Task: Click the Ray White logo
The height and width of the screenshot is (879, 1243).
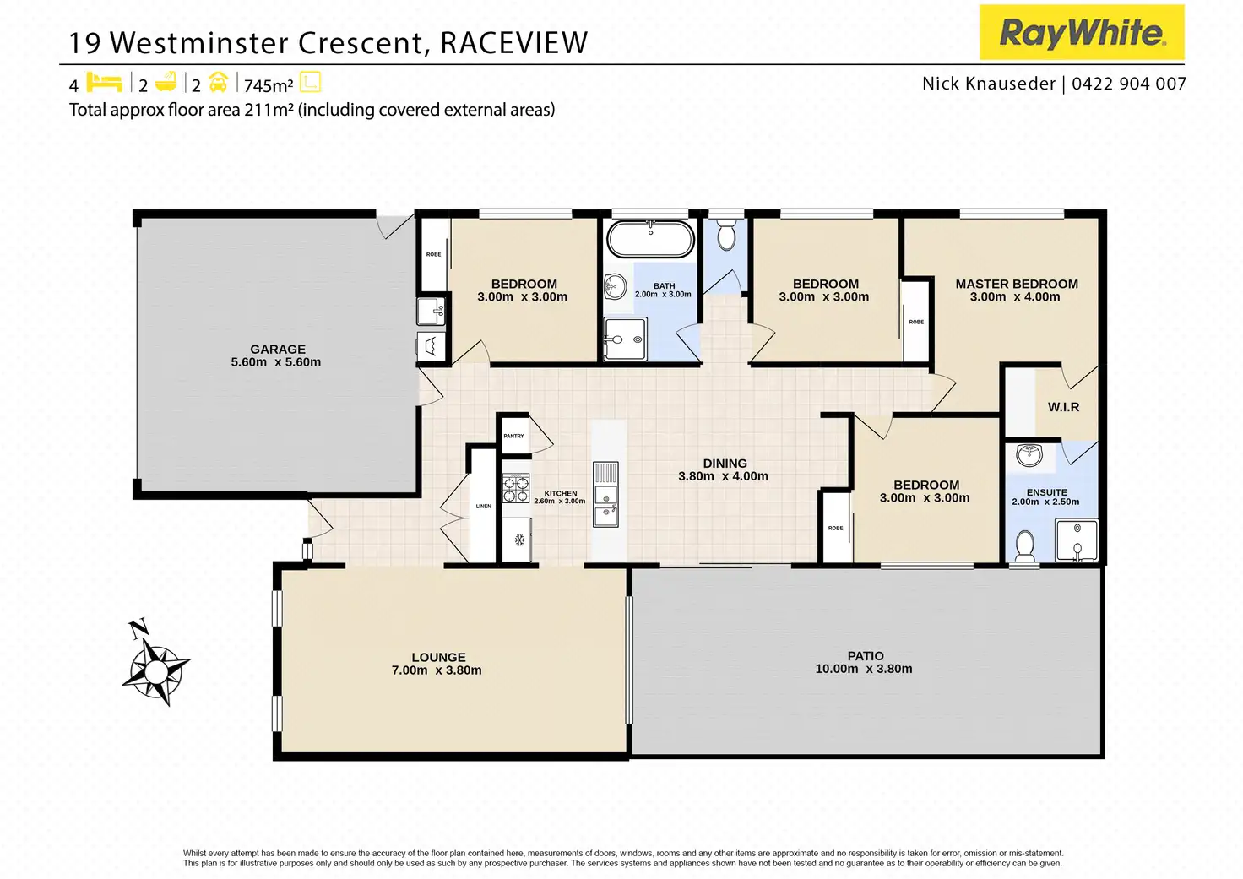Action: click(1082, 32)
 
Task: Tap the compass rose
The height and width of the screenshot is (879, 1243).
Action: click(156, 663)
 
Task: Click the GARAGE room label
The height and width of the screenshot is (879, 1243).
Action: click(278, 349)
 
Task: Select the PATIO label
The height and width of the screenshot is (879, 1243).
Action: click(866, 656)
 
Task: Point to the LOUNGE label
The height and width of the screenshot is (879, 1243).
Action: click(438, 657)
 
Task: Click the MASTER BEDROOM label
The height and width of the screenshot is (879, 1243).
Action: click(1017, 284)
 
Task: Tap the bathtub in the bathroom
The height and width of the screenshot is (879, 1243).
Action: click(650, 239)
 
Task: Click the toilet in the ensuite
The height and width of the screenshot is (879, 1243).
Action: click(1024, 546)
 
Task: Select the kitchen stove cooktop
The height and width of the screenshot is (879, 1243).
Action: click(515, 488)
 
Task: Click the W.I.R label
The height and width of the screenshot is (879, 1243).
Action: click(1063, 407)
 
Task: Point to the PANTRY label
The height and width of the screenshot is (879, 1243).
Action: click(514, 436)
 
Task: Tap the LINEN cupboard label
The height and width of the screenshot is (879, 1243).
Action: click(483, 506)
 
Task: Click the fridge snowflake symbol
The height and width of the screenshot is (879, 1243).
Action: click(519, 540)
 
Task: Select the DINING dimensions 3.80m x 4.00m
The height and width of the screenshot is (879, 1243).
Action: click(723, 476)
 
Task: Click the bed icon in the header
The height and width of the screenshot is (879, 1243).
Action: click(105, 83)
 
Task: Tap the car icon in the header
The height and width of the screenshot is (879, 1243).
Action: click(218, 83)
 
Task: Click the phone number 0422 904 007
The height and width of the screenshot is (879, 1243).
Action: click(1129, 84)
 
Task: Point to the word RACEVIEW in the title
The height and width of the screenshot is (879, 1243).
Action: click(514, 43)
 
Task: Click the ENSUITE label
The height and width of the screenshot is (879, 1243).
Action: click(1046, 492)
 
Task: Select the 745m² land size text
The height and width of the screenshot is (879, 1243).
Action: click(269, 85)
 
